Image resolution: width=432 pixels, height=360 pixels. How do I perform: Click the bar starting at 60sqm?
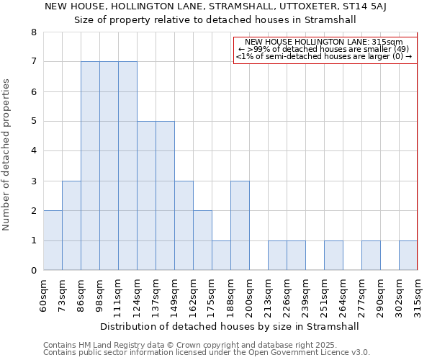click(x=53, y=240)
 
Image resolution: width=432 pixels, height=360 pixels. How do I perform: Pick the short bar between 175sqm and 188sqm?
click(x=221, y=256)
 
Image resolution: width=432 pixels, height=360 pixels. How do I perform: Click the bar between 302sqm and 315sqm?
click(x=408, y=256)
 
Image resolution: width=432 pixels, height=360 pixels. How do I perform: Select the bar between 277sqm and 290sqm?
click(x=371, y=256)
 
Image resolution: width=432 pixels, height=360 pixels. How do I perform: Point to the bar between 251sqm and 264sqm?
click(x=333, y=256)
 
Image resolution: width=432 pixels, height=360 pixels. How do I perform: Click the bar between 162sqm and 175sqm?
click(x=202, y=240)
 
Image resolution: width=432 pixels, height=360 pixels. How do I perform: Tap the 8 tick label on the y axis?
click(x=33, y=32)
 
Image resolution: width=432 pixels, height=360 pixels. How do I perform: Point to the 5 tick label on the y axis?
click(x=33, y=122)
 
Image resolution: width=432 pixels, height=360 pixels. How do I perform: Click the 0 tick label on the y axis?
click(x=33, y=271)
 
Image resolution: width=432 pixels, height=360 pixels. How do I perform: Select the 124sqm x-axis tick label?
click(x=138, y=295)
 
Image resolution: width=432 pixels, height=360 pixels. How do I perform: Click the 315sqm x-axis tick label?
click(x=418, y=295)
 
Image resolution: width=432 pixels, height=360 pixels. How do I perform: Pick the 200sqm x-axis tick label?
click(x=250, y=295)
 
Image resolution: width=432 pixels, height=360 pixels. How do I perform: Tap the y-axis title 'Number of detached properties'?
click(x=7, y=155)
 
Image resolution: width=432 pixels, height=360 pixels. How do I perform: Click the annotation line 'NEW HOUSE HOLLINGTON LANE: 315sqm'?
click(x=324, y=42)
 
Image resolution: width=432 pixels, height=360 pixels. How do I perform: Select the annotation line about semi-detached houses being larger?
click(x=324, y=57)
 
